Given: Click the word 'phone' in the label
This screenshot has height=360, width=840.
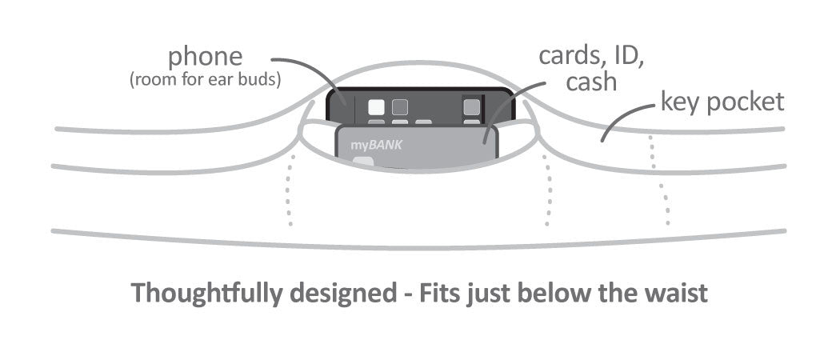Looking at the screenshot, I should [x=206, y=57].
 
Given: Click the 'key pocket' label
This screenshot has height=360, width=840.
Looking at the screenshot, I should [x=722, y=103].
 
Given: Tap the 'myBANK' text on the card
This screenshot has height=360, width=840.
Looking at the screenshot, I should [x=371, y=146].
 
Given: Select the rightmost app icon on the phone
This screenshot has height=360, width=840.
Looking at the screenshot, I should [x=472, y=106].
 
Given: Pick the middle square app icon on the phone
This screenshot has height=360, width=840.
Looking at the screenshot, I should [x=399, y=106].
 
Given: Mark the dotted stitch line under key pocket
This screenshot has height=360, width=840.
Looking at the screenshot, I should [x=660, y=180].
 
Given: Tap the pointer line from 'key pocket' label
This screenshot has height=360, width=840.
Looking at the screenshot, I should [x=620, y=124].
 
